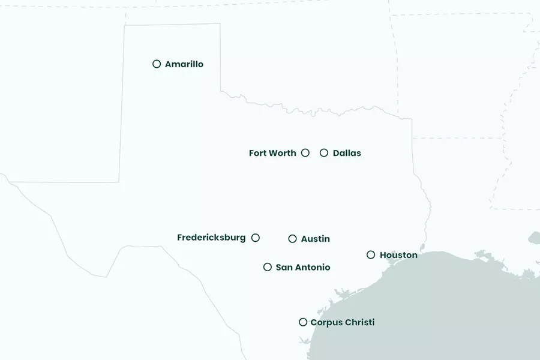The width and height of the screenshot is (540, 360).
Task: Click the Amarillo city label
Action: [184, 64]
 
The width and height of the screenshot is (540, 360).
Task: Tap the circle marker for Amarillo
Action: [157, 64]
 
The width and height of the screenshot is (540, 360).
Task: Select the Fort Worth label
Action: [272, 153]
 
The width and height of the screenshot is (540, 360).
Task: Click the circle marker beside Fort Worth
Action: [305, 153]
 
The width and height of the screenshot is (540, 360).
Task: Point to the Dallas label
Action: [347, 153]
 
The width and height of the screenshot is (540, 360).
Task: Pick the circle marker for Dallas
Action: [324, 153]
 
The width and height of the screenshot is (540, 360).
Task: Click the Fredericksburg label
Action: [211, 238]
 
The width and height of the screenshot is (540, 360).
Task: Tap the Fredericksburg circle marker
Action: [256, 238]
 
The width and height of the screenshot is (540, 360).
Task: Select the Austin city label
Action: [316, 239]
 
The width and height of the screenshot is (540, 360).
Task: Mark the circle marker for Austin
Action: [292, 239]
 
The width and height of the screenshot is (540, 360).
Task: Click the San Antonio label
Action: [303, 267]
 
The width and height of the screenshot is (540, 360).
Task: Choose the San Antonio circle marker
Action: [268, 267]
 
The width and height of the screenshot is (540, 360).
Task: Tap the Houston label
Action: [398, 255]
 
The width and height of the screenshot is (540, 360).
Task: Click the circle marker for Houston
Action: [371, 255]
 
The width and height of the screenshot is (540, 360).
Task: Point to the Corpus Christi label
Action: [342, 322]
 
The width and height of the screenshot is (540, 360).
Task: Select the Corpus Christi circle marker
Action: [303, 322]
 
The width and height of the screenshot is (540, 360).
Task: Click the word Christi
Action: [360, 322]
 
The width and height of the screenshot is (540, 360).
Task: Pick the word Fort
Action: [257, 153]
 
